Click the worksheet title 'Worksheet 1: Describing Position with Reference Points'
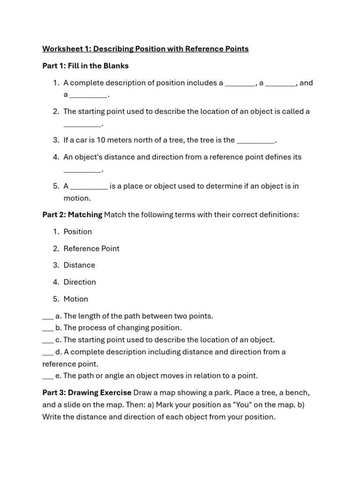pyautogui.click(x=145, y=49)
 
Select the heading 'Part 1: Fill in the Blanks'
pyautogui.click(x=85, y=66)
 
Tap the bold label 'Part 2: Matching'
pyautogui.click(x=72, y=215)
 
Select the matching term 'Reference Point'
pyautogui.click(x=91, y=248)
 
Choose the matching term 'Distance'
pyautogui.click(x=79, y=265)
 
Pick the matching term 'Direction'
pyautogui.click(x=80, y=282)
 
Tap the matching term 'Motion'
pyautogui.click(x=75, y=299)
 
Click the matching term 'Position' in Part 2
pyautogui.click(x=78, y=232)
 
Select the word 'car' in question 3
pyautogui.click(x=82, y=140)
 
